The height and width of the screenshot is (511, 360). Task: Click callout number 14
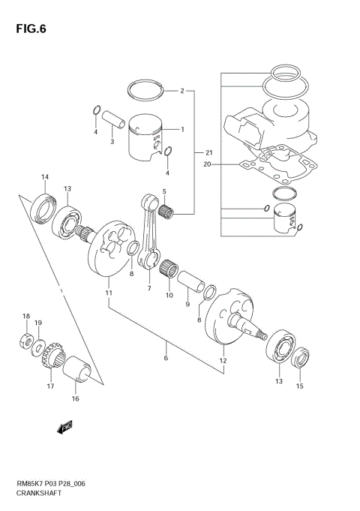click(45, 177)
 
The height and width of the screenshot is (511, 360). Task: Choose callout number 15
click(300, 386)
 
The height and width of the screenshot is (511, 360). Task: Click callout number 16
click(75, 398)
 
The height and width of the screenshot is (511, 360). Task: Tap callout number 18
click(25, 316)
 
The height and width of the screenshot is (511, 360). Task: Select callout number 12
click(223, 361)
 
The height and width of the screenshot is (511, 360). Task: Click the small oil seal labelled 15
click(301, 359)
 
